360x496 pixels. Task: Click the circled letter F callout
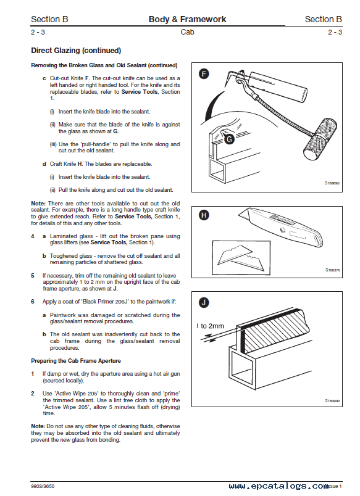pyautogui.click(x=204, y=74)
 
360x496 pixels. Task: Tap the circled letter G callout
pyautogui.click(x=229, y=139)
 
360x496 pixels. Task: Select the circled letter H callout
pyautogui.click(x=204, y=215)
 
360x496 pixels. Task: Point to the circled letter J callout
pyautogui.click(x=204, y=303)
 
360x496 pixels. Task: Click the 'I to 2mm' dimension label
pyautogui.click(x=210, y=326)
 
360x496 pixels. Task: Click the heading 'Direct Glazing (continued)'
pyautogui.click(x=76, y=51)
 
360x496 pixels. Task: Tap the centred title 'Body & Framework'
pyautogui.click(x=188, y=19)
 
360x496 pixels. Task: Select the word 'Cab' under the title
pyautogui.click(x=187, y=32)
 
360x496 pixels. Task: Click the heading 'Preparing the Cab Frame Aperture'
pyautogui.click(x=76, y=361)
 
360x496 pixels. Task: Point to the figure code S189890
pyautogui.click(x=332, y=183)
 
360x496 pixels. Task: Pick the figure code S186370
pyautogui.click(x=332, y=270)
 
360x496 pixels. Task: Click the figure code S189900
pyautogui.click(x=332, y=401)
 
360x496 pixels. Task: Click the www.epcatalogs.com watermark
pyautogui.click(x=278, y=486)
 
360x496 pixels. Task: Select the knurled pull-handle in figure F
pyautogui.click(x=320, y=139)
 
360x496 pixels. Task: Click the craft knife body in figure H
pyautogui.click(x=282, y=226)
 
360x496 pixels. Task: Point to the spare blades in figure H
pyautogui.click(x=241, y=258)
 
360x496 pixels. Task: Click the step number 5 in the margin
pyautogui.click(x=33, y=276)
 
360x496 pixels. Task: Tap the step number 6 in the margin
pyautogui.click(x=33, y=302)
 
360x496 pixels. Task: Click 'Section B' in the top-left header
pyautogui.click(x=49, y=19)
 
